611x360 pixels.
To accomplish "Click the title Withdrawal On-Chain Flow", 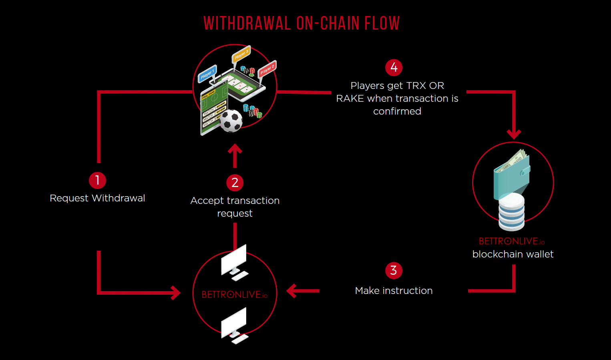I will (x=301, y=24).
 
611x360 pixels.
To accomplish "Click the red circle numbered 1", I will (x=97, y=181).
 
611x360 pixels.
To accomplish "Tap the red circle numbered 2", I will (x=235, y=183).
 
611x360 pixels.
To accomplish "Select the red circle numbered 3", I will (x=394, y=271).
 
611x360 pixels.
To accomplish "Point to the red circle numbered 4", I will (x=394, y=68).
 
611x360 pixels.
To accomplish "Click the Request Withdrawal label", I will (x=97, y=198).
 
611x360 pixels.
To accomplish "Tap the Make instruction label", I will (x=394, y=291).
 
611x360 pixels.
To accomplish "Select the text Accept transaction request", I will (x=235, y=207).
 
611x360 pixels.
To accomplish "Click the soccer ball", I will (x=231, y=121).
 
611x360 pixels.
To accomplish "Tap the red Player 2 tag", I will (x=267, y=69).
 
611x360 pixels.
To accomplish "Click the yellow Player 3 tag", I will (x=241, y=55).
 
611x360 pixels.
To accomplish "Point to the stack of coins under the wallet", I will (x=511, y=212).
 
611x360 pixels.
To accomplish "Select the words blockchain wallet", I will (x=513, y=254).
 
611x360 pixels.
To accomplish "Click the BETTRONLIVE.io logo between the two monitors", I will (x=235, y=295).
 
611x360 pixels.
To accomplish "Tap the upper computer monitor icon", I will (x=234, y=261).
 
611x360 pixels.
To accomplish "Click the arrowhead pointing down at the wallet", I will (x=514, y=134).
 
